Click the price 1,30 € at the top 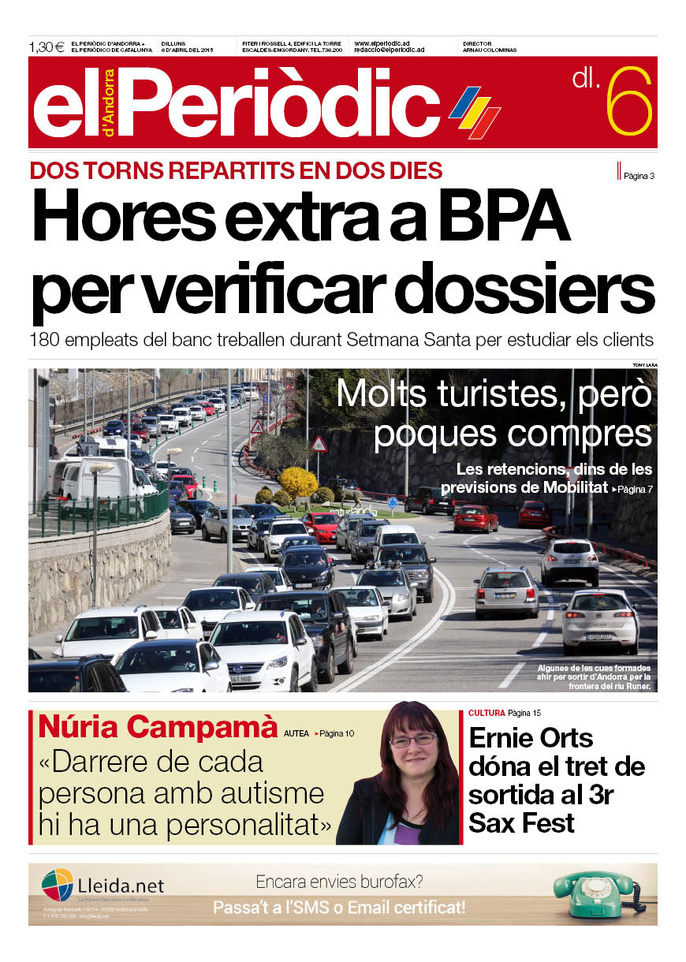point(47,47)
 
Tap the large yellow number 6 point(629,102)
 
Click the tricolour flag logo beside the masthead point(475,112)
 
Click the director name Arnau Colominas point(490,50)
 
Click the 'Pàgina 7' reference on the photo point(632,490)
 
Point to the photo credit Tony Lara point(644,364)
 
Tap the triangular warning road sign point(319,444)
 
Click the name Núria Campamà point(158,727)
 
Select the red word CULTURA point(486,713)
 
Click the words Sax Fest point(521,822)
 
